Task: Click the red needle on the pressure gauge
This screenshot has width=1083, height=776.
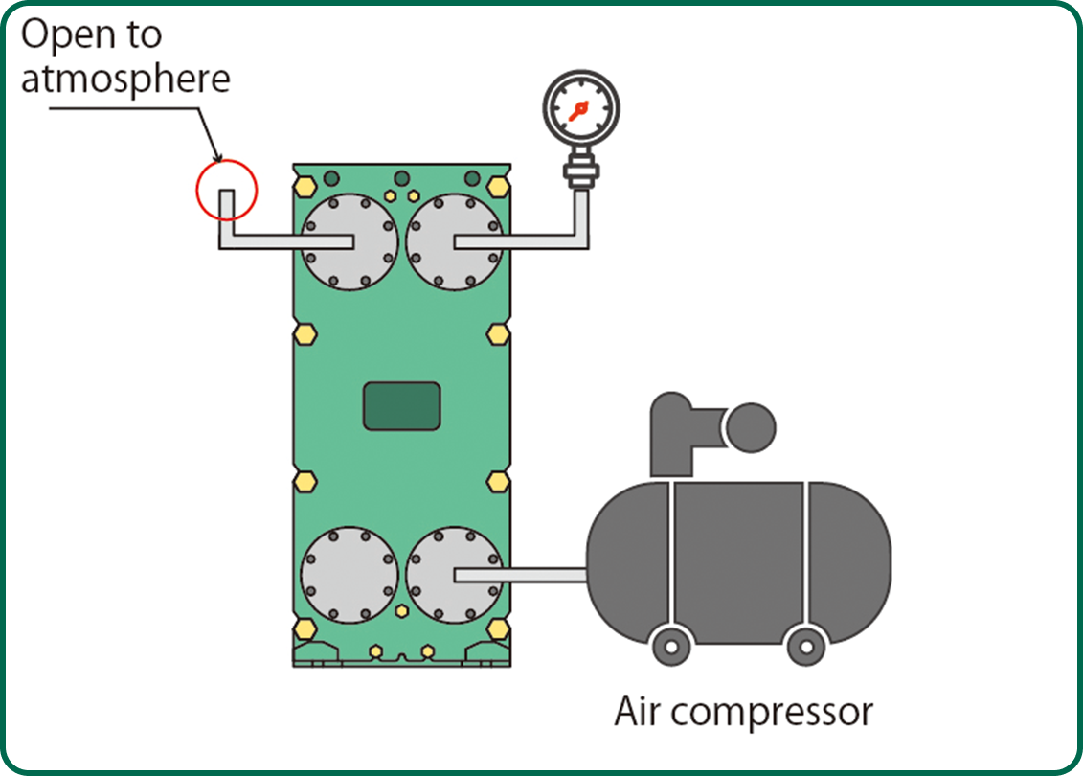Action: pyautogui.click(x=576, y=112)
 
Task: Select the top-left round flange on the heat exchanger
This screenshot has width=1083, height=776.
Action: pyautogui.click(x=350, y=241)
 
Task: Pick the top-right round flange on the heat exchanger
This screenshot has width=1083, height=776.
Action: pyautogui.click(x=455, y=241)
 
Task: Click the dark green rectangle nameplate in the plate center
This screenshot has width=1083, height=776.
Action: pyautogui.click(x=402, y=405)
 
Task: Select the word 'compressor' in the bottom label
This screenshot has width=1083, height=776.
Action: pyautogui.click(x=778, y=713)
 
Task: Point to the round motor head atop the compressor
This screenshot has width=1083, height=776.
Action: pyautogui.click(x=751, y=427)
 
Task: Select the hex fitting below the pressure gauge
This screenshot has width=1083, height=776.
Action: pyautogui.click(x=580, y=174)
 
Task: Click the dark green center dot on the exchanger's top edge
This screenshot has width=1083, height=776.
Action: pyautogui.click(x=402, y=178)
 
